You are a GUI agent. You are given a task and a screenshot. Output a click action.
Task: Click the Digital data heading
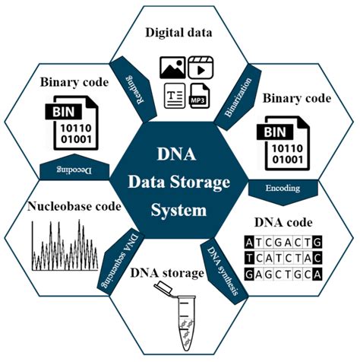click(180, 33)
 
